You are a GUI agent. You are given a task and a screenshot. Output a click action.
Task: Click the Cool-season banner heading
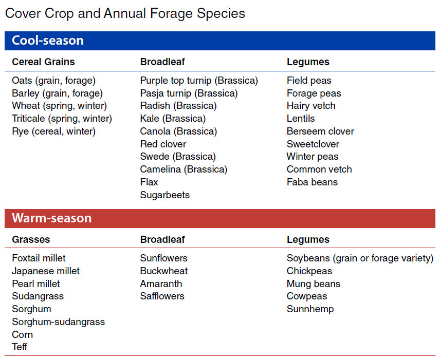point(47,41)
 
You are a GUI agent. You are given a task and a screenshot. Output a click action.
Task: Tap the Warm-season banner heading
point(51,218)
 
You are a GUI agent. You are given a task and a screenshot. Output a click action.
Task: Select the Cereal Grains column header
point(43,62)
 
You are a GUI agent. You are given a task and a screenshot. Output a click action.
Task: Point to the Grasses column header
point(31,240)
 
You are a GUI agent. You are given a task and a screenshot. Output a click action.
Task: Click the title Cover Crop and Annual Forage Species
point(125,13)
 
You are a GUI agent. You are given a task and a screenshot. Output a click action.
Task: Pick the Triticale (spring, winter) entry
point(62,119)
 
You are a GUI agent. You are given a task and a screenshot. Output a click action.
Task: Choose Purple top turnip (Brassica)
point(199,81)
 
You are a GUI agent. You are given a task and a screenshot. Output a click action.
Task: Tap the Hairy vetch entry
point(311,106)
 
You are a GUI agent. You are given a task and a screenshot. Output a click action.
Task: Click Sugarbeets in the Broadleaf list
point(164,195)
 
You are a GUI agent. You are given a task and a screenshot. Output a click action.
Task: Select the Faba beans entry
point(312,182)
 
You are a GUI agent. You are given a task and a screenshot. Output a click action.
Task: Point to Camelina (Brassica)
point(184,169)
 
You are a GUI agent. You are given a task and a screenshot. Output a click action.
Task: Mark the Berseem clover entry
point(320,131)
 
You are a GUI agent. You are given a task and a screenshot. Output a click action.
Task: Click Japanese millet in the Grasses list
point(46,271)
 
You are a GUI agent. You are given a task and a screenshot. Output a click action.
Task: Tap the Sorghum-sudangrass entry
point(58,322)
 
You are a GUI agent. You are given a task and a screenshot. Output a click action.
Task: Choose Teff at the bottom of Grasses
point(20,347)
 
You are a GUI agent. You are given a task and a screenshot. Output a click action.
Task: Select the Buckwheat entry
point(164,271)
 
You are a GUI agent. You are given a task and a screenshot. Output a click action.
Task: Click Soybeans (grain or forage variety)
point(360,258)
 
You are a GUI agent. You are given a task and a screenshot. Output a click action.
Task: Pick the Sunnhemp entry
point(310,309)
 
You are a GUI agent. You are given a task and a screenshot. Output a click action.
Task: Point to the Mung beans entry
point(314,284)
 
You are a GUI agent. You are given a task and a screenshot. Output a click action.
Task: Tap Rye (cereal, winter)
point(53,131)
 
